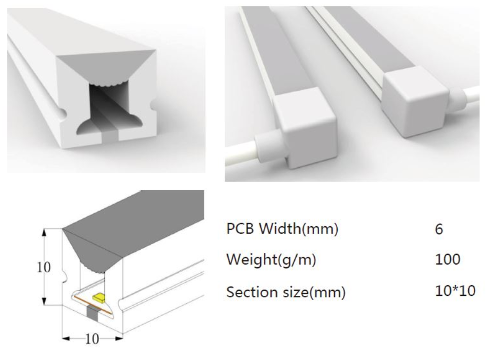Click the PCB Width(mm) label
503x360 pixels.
point(282,229)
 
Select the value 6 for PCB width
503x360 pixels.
point(439,229)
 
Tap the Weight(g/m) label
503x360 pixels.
point(271,259)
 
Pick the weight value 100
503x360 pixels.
point(448,259)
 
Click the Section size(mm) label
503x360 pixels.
point(286,292)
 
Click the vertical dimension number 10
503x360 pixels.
point(44,267)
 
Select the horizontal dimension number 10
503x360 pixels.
point(92,339)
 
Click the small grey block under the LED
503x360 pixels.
point(93,312)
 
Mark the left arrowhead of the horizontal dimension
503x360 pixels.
point(66,338)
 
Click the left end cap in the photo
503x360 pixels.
point(305,128)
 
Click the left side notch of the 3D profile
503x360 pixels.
point(62,113)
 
